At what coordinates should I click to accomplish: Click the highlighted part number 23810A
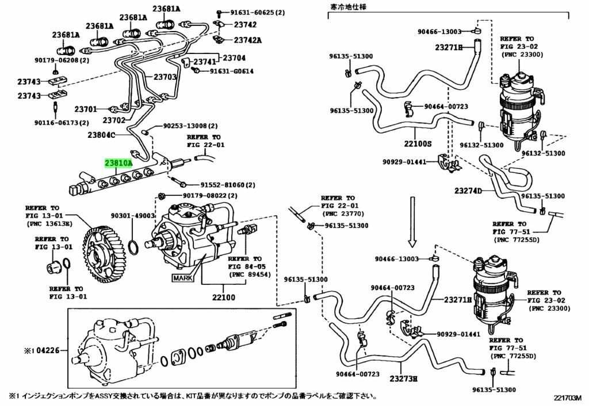point(118,163)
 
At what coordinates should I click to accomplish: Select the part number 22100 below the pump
point(223,297)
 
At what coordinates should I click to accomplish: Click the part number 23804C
point(102,136)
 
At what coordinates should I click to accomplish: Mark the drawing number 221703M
point(568,397)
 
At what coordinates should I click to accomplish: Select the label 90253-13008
point(190,126)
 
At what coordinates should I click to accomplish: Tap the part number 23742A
point(247,40)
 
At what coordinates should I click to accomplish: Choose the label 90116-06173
point(62,122)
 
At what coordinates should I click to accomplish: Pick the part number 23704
point(234,58)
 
